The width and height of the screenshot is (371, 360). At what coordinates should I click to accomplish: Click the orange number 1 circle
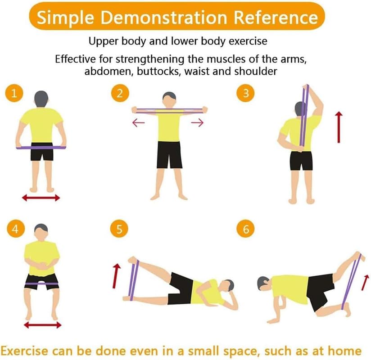pos(14,93)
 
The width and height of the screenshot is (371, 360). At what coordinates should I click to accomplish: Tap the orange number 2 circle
pos(120,93)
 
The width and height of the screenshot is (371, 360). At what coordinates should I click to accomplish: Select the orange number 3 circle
pos(245,93)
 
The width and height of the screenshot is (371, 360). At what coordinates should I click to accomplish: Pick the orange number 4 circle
pos(16,229)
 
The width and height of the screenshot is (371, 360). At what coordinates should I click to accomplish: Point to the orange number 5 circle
pos(119,229)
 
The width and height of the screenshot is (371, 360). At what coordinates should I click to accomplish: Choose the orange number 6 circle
pos(246,229)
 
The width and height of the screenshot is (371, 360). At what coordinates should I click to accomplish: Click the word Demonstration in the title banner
pos(164,18)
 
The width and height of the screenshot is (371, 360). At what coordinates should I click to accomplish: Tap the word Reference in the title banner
pos(276,18)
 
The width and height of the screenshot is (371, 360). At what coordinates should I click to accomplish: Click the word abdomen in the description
pos(109,71)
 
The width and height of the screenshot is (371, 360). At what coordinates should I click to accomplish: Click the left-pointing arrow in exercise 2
pos(138,123)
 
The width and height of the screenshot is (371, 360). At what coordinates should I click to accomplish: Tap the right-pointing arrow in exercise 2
pos(197,122)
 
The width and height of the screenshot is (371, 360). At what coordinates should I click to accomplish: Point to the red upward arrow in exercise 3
pos(339,127)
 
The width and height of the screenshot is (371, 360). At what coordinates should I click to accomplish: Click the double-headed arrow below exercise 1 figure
pos(41,198)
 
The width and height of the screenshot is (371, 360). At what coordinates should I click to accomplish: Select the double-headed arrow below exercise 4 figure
pos(43,325)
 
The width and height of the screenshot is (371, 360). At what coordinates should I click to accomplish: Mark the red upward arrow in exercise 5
pos(116,276)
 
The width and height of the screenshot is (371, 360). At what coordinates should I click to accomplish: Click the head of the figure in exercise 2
pos(169,100)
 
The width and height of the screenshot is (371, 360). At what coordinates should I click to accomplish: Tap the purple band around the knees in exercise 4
pos(41,283)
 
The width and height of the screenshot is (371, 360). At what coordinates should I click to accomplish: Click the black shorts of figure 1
pos(42,152)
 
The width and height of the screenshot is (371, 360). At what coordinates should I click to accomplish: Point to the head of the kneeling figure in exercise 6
pos(263,283)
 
